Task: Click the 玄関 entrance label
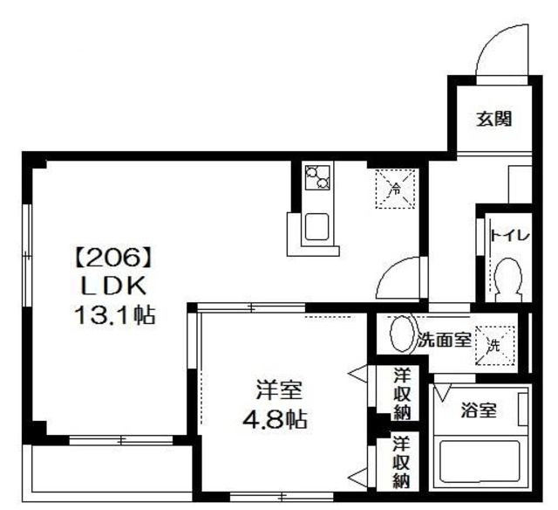pyautogui.click(x=493, y=120)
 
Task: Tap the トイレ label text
pyautogui.click(x=504, y=234)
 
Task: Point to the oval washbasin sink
pyautogui.click(x=401, y=334)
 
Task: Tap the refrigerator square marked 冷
pyautogui.click(x=394, y=187)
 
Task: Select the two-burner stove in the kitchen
pyautogui.click(x=316, y=177)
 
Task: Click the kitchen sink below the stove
pyautogui.click(x=315, y=226)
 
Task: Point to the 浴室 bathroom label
pyautogui.click(x=479, y=410)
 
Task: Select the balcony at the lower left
pyautogui.click(x=109, y=472)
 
